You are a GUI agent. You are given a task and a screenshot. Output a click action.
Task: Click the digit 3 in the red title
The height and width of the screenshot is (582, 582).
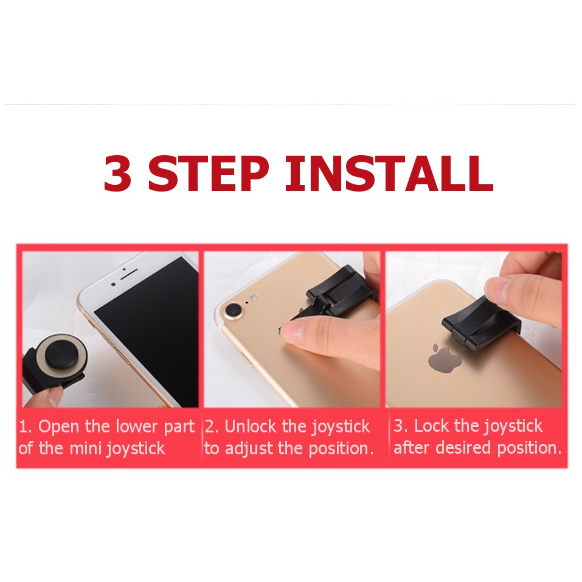click(x=117, y=173)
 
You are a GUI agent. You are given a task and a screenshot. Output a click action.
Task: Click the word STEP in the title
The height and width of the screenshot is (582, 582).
click(x=208, y=173)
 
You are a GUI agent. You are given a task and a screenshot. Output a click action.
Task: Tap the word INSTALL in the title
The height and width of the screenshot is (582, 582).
click(x=389, y=173)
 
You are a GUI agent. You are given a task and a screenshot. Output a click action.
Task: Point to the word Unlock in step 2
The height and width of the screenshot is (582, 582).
click(x=251, y=426)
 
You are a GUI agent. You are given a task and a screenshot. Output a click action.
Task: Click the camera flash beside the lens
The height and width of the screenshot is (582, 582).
click(x=254, y=297)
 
